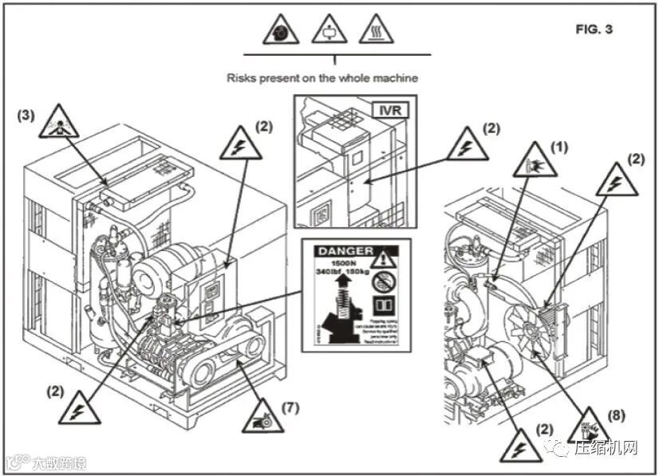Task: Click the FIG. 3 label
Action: [594, 30]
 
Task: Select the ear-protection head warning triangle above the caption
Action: [281, 30]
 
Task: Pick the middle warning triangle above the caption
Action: [327, 30]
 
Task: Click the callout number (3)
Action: [27, 115]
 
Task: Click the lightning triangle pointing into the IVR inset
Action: [468, 146]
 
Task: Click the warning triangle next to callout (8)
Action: [590, 423]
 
